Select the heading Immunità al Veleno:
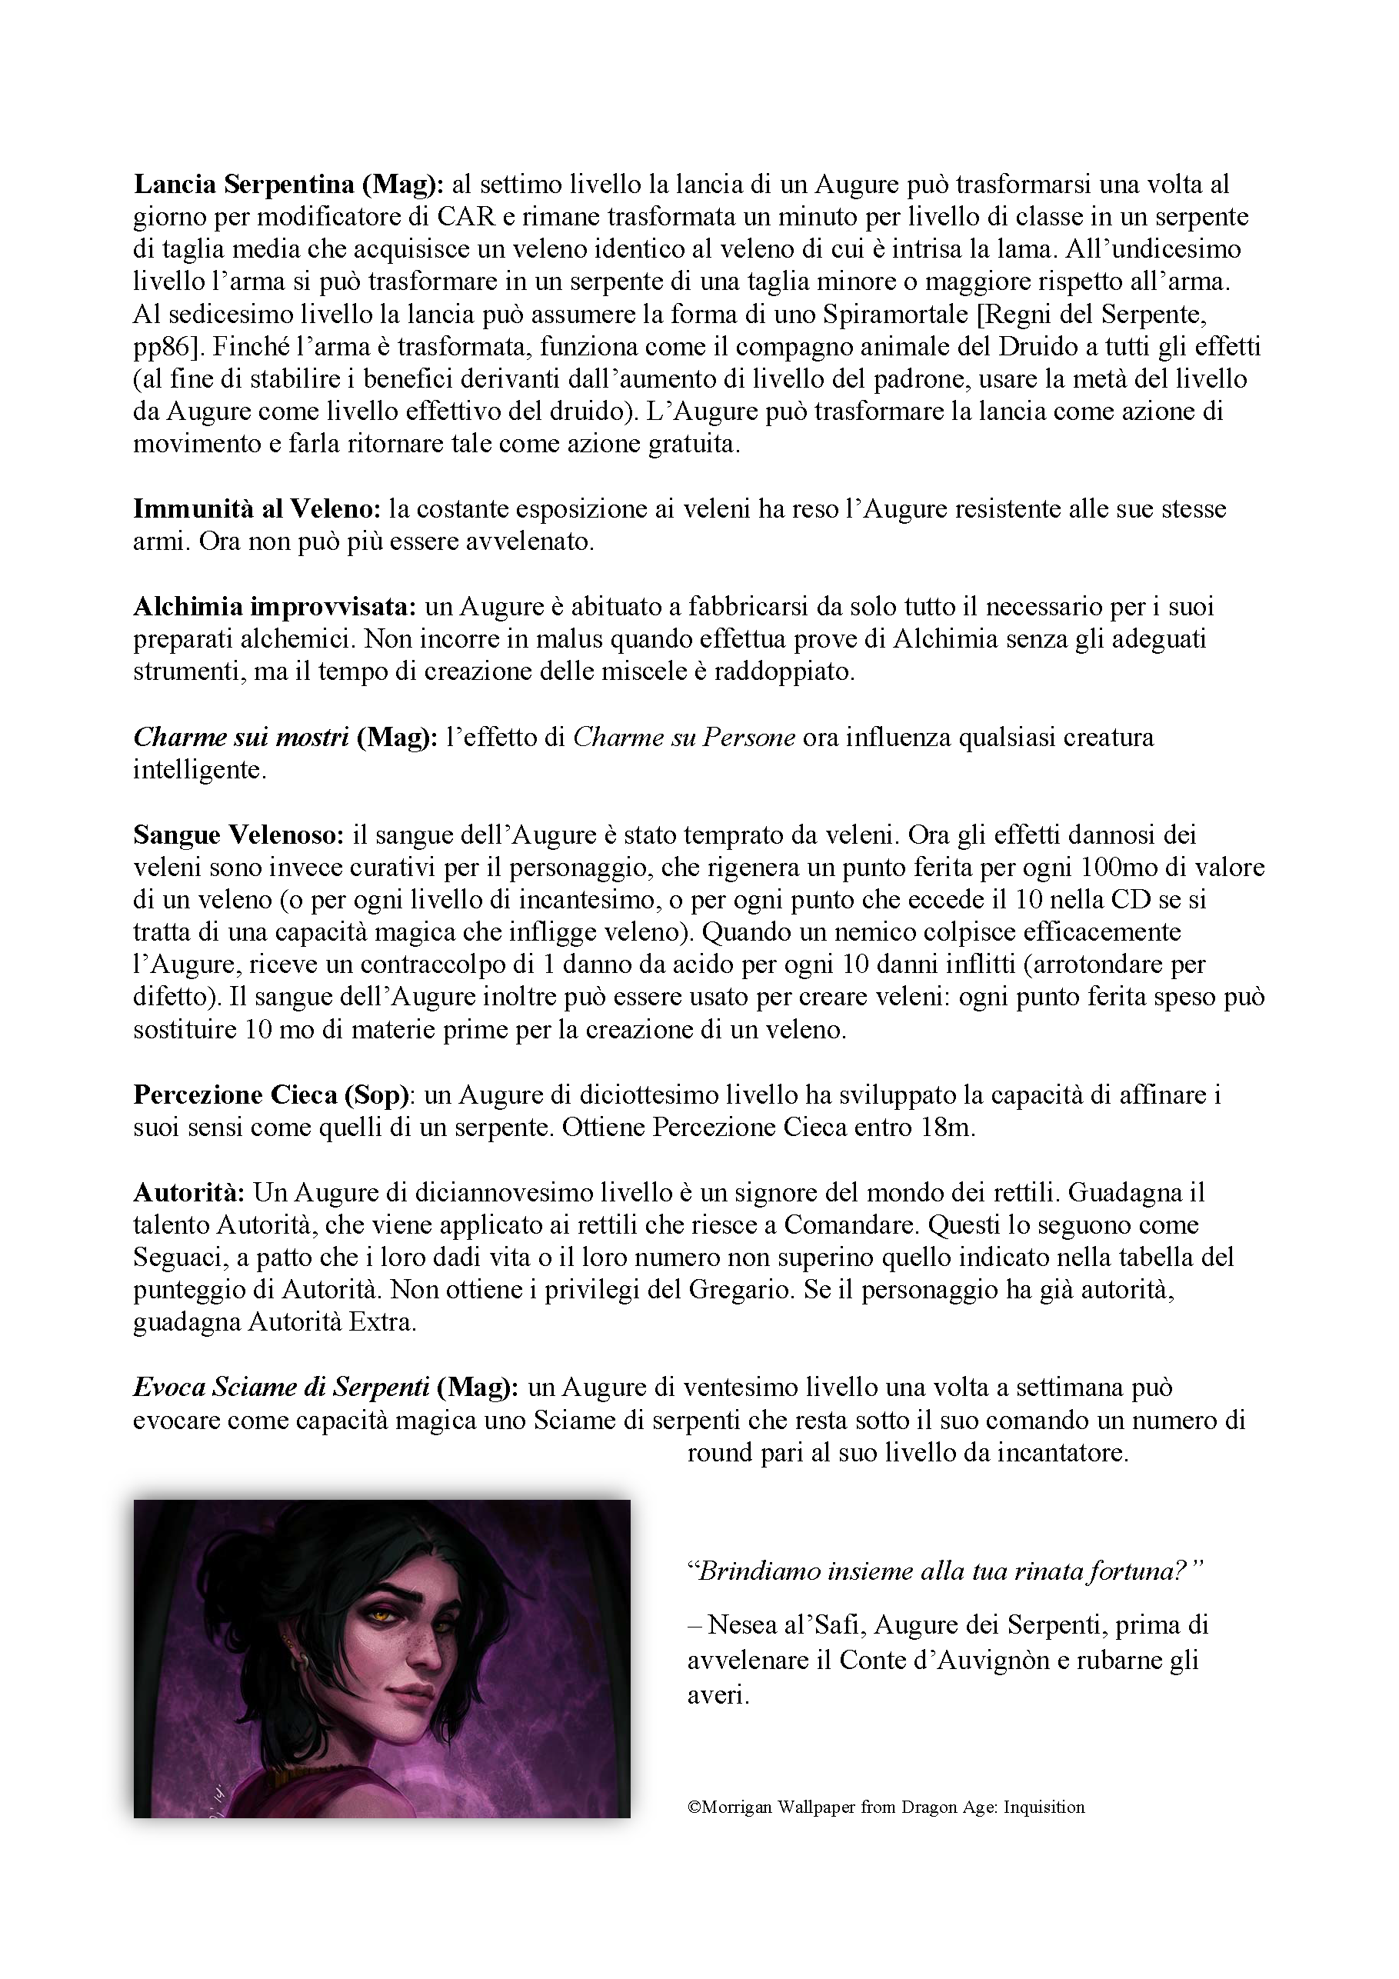(x=257, y=508)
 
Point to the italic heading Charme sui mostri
(x=241, y=737)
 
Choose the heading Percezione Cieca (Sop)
(x=271, y=1094)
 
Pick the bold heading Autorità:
(x=188, y=1192)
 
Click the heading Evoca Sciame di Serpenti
(x=281, y=1387)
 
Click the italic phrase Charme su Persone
(x=684, y=737)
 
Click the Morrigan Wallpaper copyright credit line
(x=886, y=1807)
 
